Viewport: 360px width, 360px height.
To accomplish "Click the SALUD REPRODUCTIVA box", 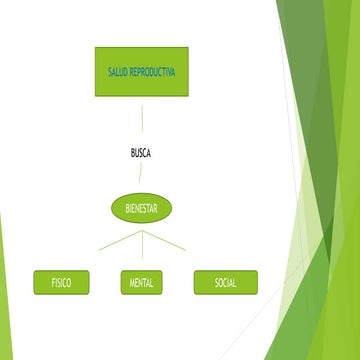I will (x=141, y=72).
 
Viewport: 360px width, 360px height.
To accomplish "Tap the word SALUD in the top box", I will (x=118, y=73).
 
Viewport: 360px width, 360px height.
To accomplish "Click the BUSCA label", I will (x=141, y=153).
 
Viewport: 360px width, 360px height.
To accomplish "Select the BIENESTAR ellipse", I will (x=141, y=208).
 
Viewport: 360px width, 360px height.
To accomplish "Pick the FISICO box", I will (x=60, y=283).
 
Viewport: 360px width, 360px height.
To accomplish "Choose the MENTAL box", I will (x=141, y=283).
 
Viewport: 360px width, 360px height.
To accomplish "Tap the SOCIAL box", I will (x=225, y=283).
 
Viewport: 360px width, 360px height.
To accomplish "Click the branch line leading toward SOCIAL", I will (x=163, y=241).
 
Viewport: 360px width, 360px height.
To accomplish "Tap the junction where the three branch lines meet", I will (x=141, y=232).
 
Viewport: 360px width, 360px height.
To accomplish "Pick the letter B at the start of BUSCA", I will (x=133, y=153).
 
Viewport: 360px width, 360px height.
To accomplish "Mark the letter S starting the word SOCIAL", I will (x=216, y=283).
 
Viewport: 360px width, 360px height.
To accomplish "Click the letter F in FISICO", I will (x=52, y=283).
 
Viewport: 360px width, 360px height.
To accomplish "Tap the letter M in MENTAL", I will (x=131, y=283).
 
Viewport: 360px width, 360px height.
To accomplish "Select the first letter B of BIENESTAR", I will (x=127, y=208).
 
